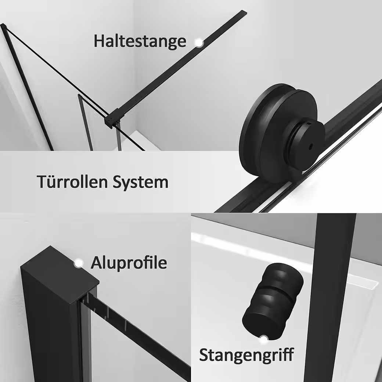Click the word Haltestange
tap(140, 42)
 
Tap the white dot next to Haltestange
tap(199, 43)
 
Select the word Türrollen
tap(73, 181)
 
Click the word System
tap(141, 183)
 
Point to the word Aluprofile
tap(129, 263)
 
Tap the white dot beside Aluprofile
tap(79, 263)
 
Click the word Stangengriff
tap(246, 355)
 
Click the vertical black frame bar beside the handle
tap(330, 297)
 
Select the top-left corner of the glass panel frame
tap(3, 25)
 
